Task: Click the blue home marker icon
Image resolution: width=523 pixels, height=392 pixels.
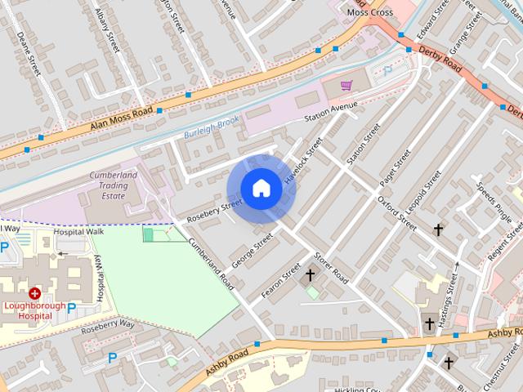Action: coord(261,188)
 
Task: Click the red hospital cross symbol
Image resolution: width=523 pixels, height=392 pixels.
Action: coord(34,293)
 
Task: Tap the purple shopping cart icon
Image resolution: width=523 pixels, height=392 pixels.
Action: coord(346,84)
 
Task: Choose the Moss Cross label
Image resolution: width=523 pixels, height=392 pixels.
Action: coord(369,12)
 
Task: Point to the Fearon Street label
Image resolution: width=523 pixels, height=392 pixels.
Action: coord(281,279)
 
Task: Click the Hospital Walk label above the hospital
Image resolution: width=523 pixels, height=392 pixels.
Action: coord(78,232)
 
